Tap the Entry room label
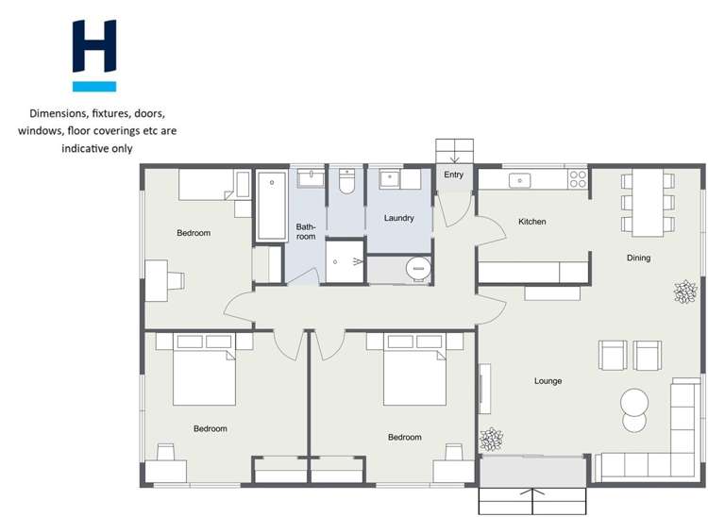[x=454, y=175]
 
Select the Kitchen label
[x=532, y=222]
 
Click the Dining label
[x=638, y=258]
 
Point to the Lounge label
[x=548, y=381]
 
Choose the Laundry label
[x=399, y=218]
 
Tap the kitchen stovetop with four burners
[x=577, y=178]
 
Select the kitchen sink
[x=520, y=179]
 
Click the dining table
[x=648, y=202]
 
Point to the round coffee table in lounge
[x=634, y=403]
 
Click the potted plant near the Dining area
[x=684, y=292]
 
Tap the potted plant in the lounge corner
[x=491, y=439]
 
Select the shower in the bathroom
[x=346, y=260]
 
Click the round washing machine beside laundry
[x=418, y=270]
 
